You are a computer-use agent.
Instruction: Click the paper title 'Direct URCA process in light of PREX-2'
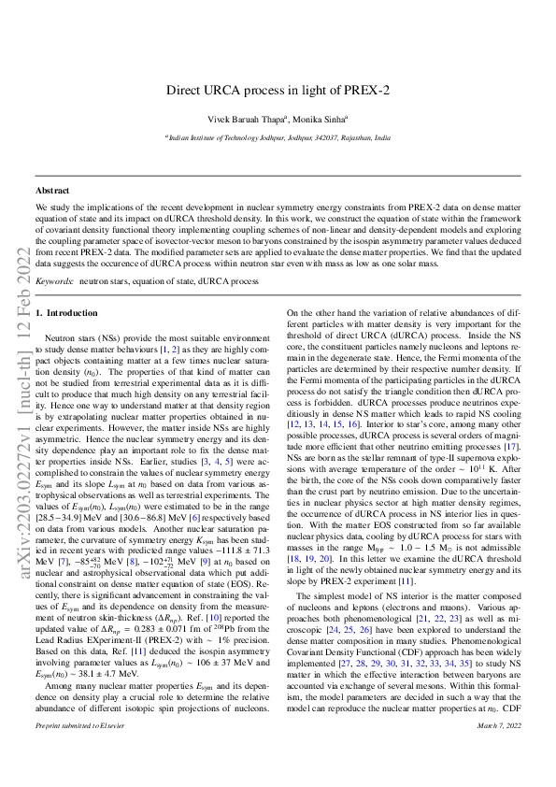click(x=278, y=91)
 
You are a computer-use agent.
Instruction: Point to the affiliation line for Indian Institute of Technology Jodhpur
click(x=278, y=136)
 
